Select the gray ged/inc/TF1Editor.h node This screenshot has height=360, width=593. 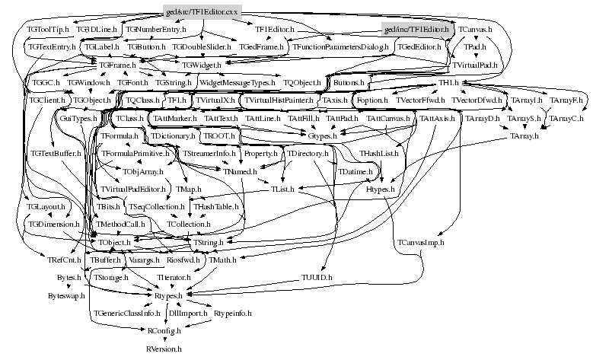click(x=418, y=29)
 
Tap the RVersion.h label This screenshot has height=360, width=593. click(x=164, y=349)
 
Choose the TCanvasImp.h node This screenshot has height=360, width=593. click(x=420, y=242)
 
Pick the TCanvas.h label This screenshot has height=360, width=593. click(x=475, y=29)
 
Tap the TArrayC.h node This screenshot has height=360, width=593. click(x=566, y=119)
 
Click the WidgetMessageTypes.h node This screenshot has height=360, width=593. click(x=238, y=81)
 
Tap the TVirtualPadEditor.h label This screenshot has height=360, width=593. click(x=133, y=189)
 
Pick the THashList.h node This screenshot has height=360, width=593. click(x=379, y=154)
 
